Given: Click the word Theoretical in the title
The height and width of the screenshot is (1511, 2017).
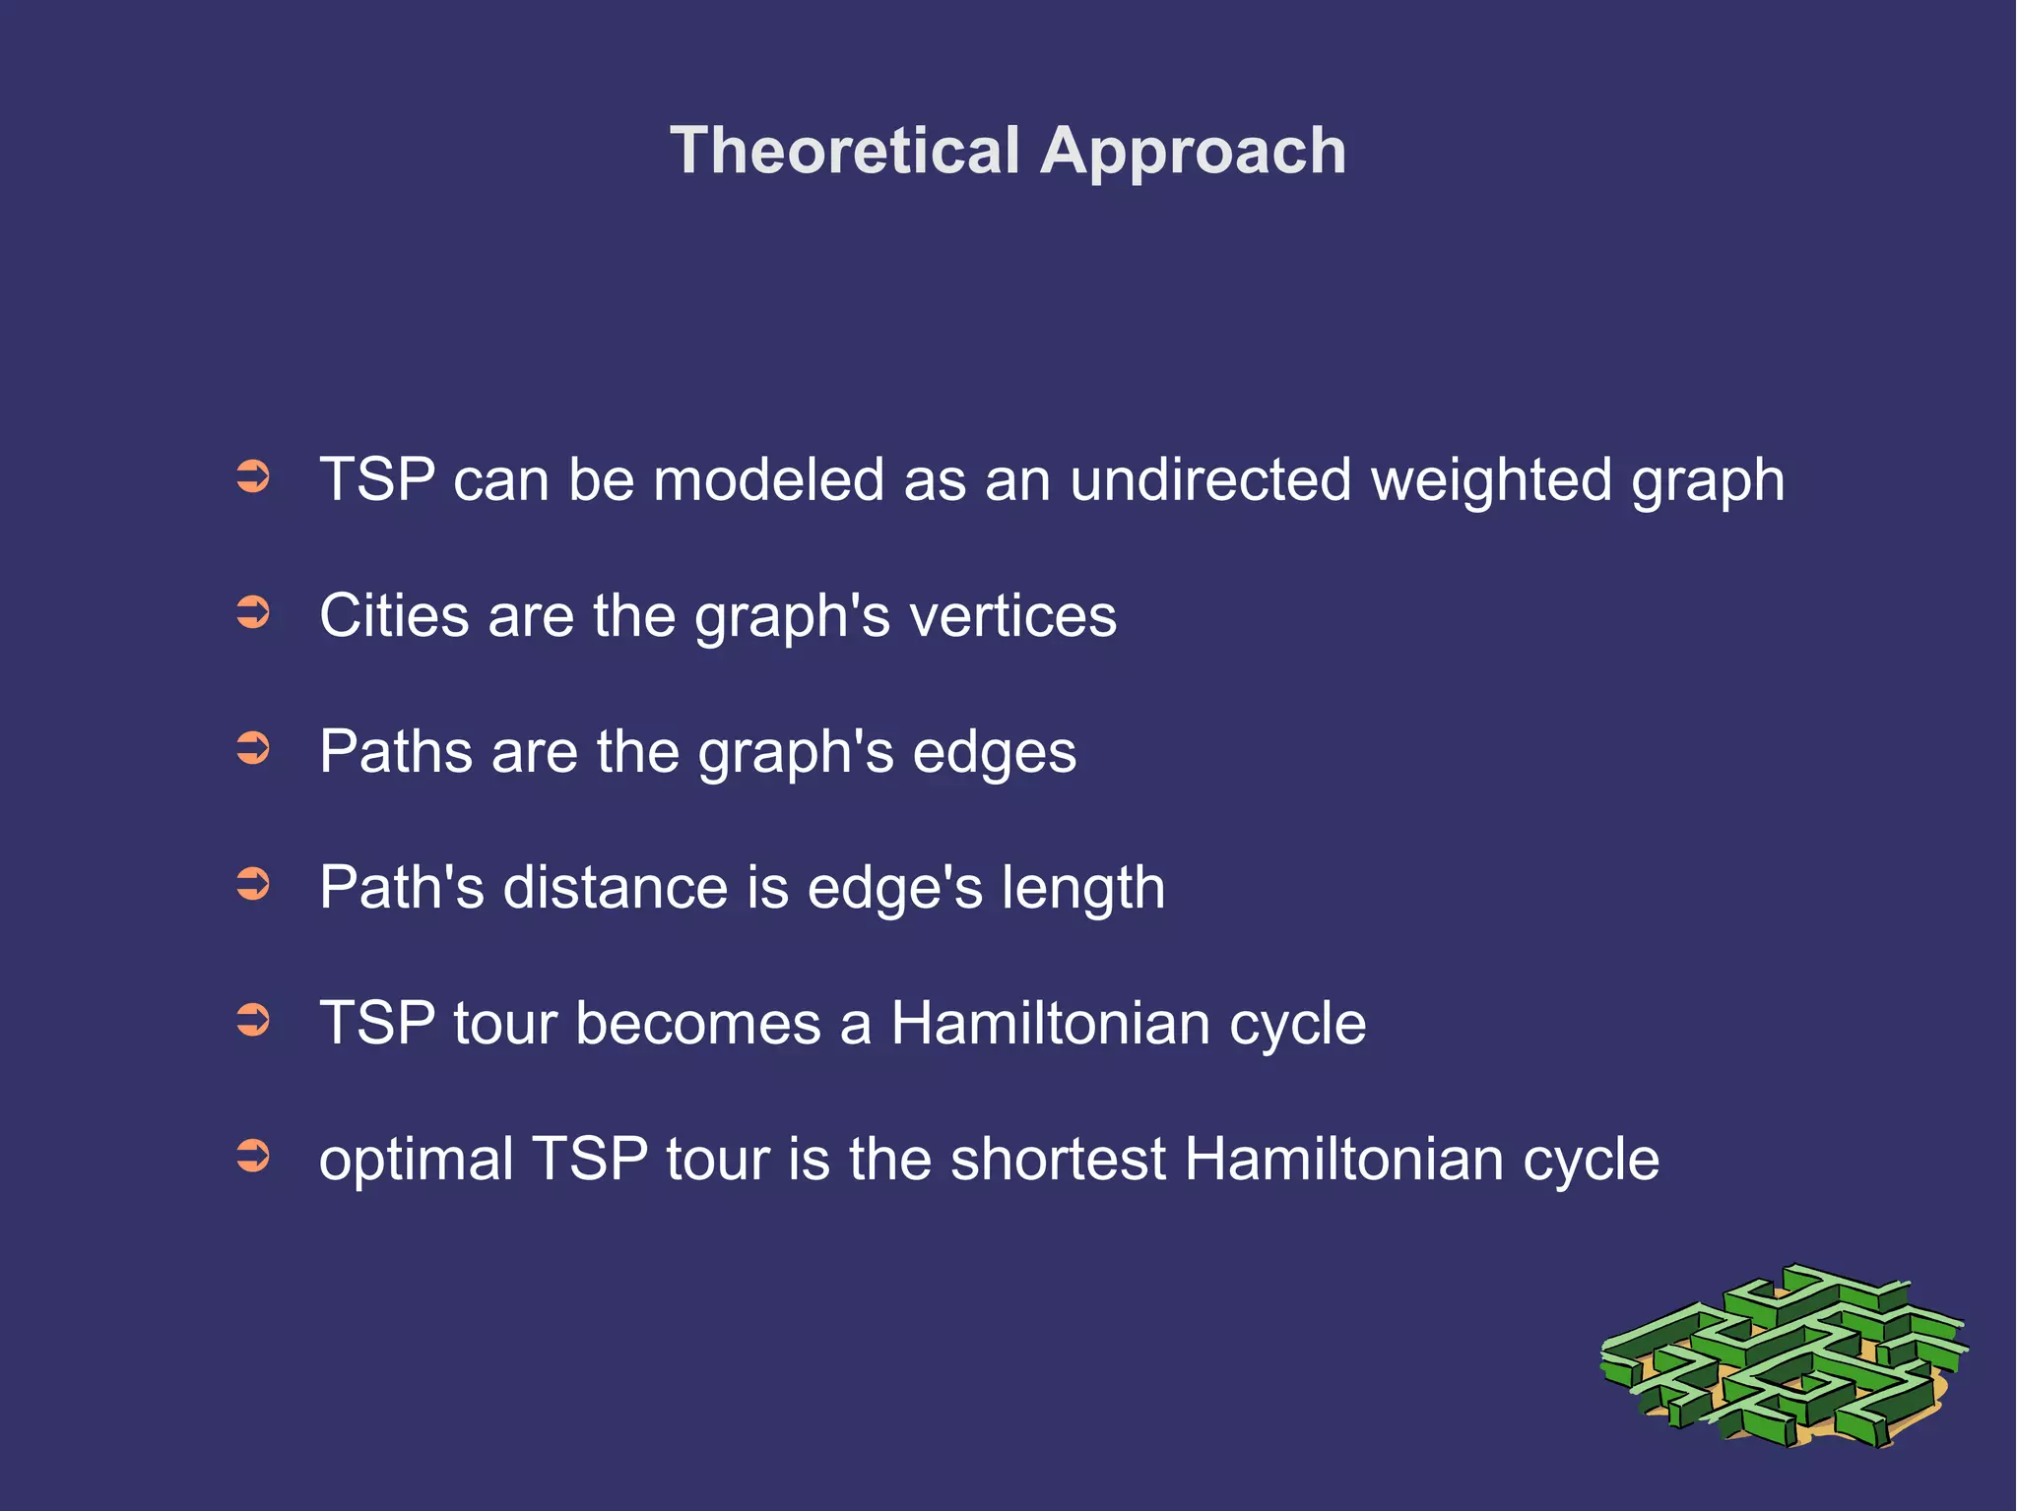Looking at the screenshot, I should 844,151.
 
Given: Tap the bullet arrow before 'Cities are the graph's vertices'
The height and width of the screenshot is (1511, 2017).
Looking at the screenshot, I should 253,613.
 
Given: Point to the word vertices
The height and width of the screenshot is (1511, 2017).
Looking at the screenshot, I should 1012,616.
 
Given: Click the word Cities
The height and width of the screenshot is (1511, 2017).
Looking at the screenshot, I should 394,616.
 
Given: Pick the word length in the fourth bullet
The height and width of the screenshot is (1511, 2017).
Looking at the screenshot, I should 1083,889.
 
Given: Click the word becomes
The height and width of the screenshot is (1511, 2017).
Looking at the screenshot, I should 697,1023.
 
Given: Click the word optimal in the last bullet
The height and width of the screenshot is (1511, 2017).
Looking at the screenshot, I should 416,1160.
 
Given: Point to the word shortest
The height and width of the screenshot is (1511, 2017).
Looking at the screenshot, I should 1058,1159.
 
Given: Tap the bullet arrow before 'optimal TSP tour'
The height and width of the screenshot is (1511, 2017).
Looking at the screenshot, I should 253,1156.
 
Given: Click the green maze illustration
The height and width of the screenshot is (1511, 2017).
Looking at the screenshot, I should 1783,1358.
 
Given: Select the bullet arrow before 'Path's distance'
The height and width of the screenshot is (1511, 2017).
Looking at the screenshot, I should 253,884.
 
